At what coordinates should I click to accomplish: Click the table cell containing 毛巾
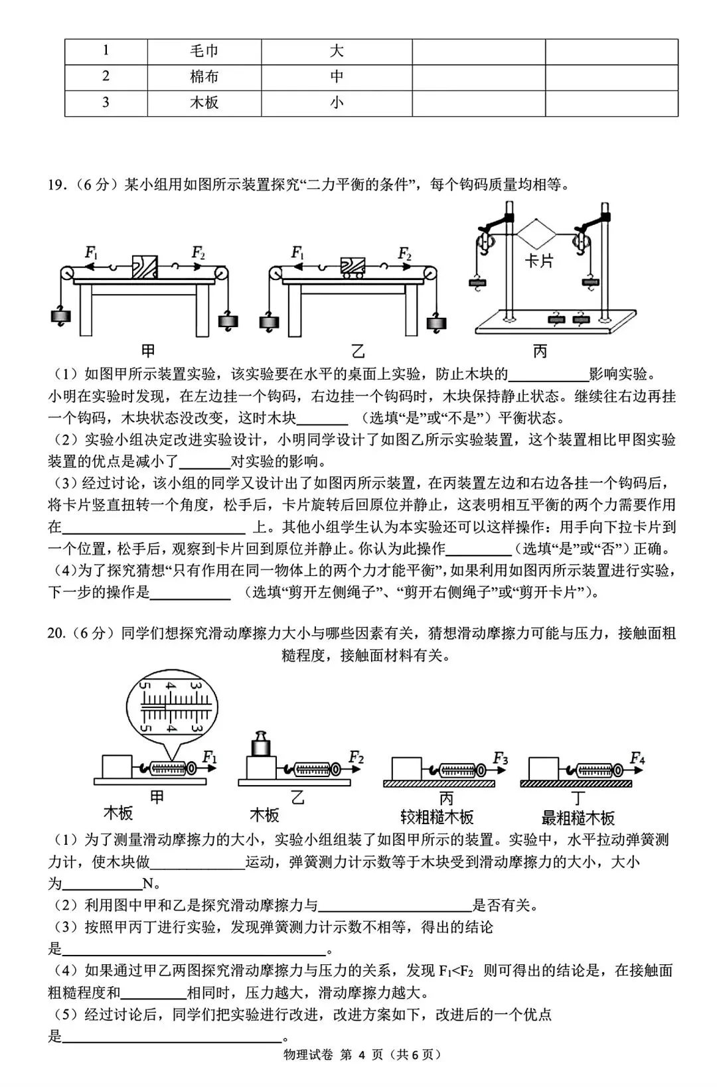(x=204, y=51)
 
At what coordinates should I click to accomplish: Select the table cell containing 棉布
(x=204, y=76)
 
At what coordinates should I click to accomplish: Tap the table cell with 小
(x=337, y=102)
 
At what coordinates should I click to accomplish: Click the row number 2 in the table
(x=106, y=76)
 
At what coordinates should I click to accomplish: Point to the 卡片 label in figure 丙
(x=538, y=260)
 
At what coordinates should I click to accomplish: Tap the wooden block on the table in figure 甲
(x=145, y=266)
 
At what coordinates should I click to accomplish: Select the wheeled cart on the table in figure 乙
(x=353, y=265)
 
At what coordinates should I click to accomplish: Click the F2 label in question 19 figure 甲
(x=198, y=252)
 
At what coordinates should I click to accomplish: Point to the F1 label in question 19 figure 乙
(x=297, y=252)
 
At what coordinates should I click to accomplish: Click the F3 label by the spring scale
(x=500, y=758)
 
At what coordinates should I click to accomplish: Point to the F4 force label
(x=637, y=758)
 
